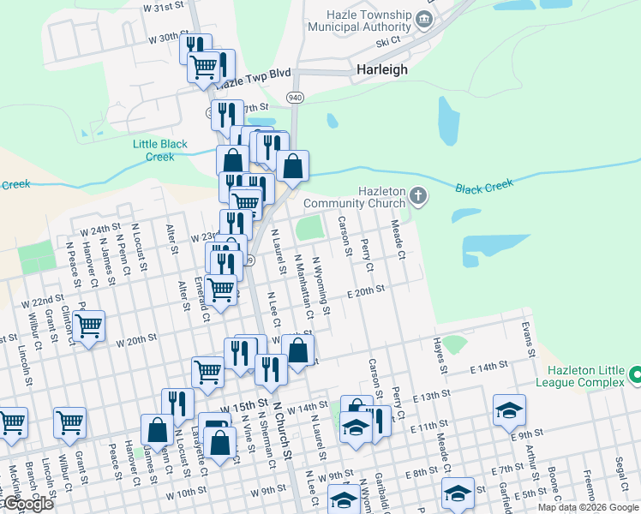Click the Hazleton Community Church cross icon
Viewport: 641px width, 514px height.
(417, 197)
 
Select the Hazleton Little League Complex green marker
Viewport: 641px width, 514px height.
(635, 374)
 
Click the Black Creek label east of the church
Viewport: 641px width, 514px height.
(484, 185)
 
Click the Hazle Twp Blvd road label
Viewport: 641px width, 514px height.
(254, 80)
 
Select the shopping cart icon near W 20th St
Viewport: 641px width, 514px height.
(88, 326)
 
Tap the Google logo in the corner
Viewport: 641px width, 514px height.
(27, 504)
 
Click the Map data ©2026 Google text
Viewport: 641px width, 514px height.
(587, 507)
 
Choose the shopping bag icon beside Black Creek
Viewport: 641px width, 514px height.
(292, 166)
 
